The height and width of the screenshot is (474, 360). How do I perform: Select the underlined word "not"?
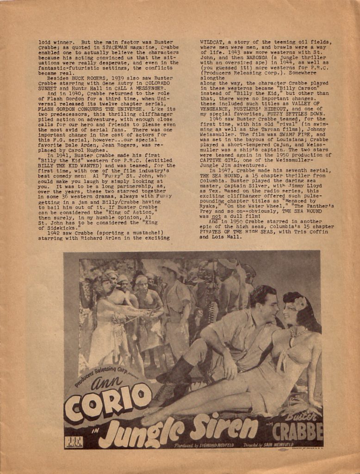click(216, 216)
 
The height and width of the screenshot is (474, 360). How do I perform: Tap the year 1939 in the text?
click(106, 78)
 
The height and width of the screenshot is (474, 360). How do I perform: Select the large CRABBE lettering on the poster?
click(297, 432)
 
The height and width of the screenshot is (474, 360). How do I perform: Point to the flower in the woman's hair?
click(300, 304)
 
